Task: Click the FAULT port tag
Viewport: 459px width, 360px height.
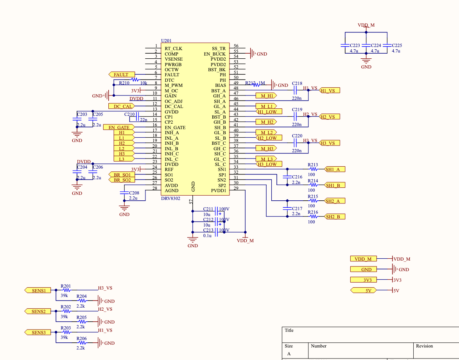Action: point(121,75)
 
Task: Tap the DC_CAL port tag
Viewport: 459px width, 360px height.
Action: point(121,106)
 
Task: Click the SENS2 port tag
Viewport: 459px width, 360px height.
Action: point(38,311)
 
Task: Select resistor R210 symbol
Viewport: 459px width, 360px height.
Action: point(135,80)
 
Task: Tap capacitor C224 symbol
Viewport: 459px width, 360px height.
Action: point(366,45)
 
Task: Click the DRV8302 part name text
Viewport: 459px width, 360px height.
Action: point(171,199)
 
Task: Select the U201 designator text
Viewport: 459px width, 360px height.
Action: point(166,41)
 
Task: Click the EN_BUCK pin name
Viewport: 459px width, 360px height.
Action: point(215,54)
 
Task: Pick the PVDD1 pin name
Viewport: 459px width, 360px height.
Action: point(219,191)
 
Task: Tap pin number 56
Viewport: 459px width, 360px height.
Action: point(236,46)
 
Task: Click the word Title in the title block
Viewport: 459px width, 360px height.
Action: point(289,330)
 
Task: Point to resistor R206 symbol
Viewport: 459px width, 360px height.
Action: point(82,343)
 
